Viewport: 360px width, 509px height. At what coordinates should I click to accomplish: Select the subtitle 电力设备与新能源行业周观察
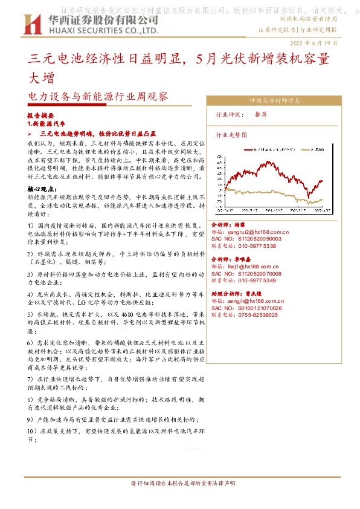98,96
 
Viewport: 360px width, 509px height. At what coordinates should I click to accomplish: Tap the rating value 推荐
261,114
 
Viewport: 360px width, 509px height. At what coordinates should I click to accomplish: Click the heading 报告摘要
41,114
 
